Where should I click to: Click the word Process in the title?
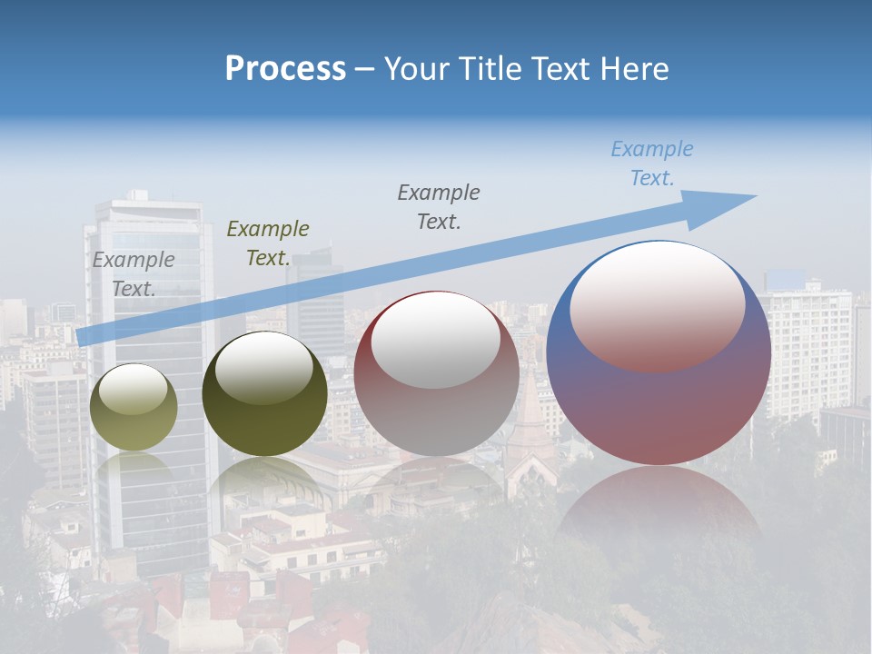click(285, 69)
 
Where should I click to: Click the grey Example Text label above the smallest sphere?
click(134, 273)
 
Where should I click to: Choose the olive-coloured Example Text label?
click(268, 243)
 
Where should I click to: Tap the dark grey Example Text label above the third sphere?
click(439, 206)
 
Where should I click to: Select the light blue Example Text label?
click(652, 163)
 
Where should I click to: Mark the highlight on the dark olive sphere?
click(264, 368)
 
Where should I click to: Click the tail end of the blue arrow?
click(84, 336)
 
